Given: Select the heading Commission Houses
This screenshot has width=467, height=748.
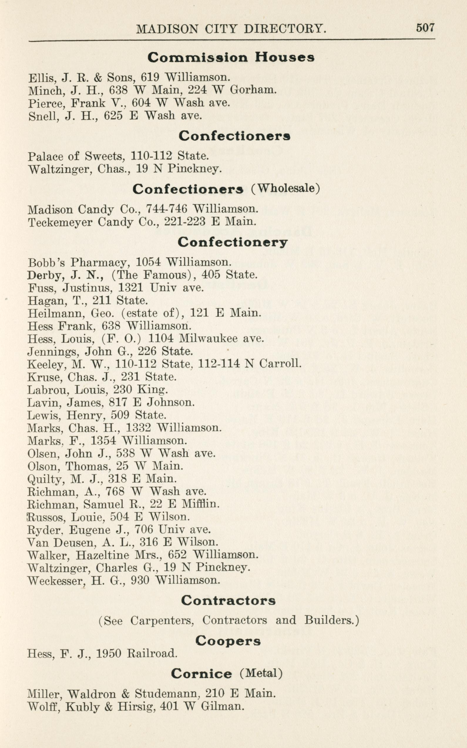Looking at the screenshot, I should coord(231,57).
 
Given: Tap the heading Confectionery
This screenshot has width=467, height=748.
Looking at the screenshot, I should coord(233,242).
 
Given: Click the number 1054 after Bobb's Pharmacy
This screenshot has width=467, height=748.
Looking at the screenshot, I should coord(149,262).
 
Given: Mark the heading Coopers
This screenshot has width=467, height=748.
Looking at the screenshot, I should coord(228,641).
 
